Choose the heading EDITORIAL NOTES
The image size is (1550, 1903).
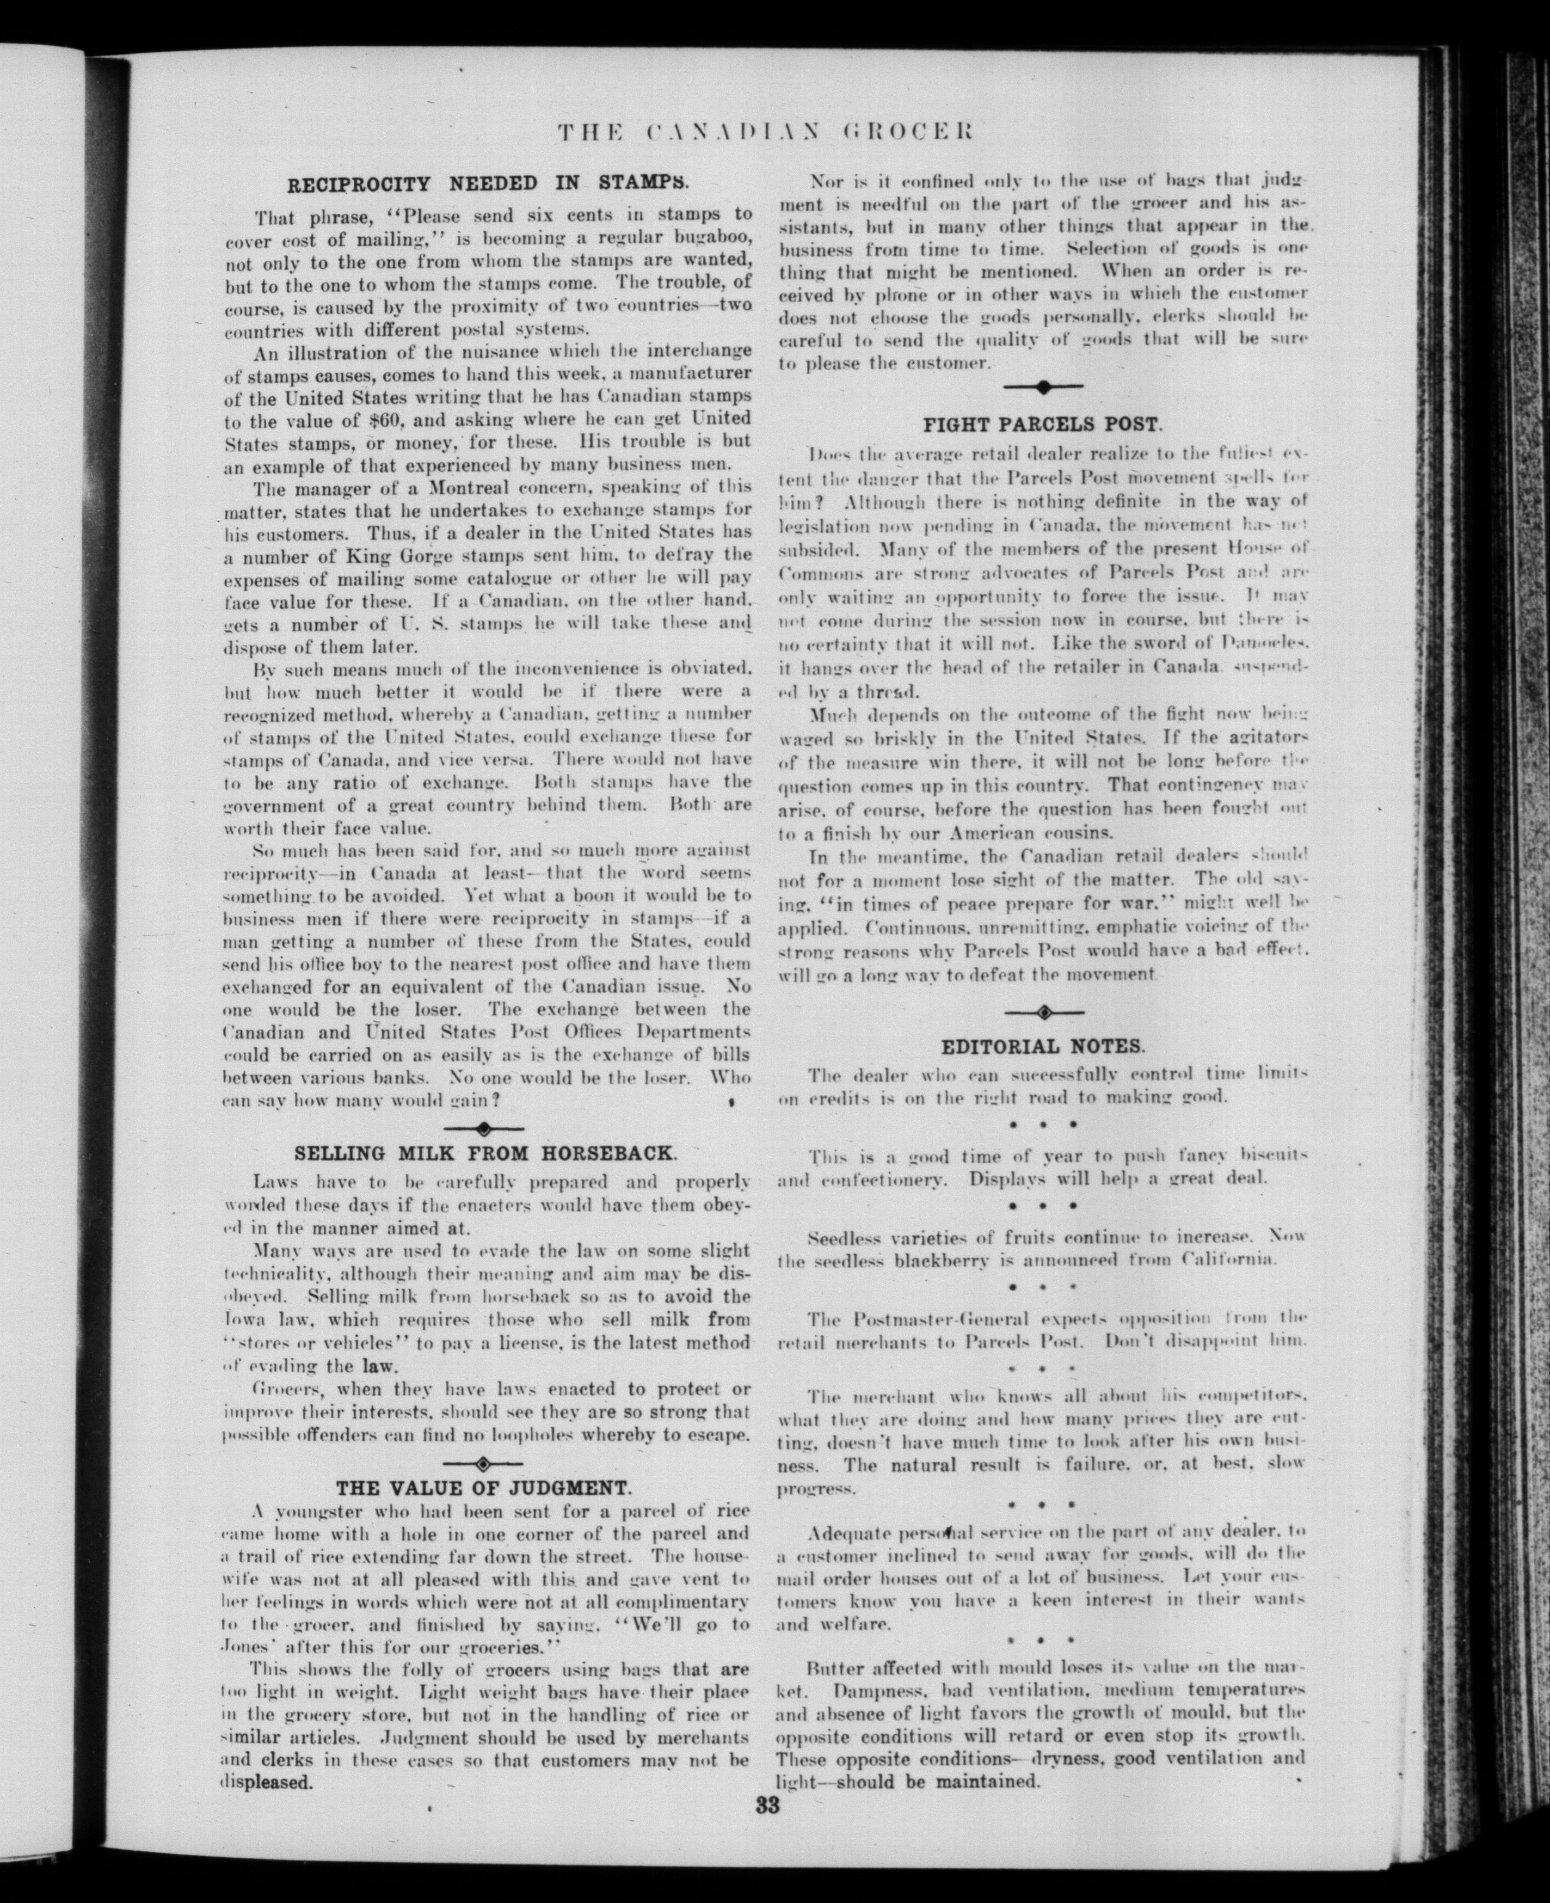point(1043,1046)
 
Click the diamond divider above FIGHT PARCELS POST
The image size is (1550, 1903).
point(1043,386)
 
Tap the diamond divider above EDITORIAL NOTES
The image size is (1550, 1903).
point(1043,1012)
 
